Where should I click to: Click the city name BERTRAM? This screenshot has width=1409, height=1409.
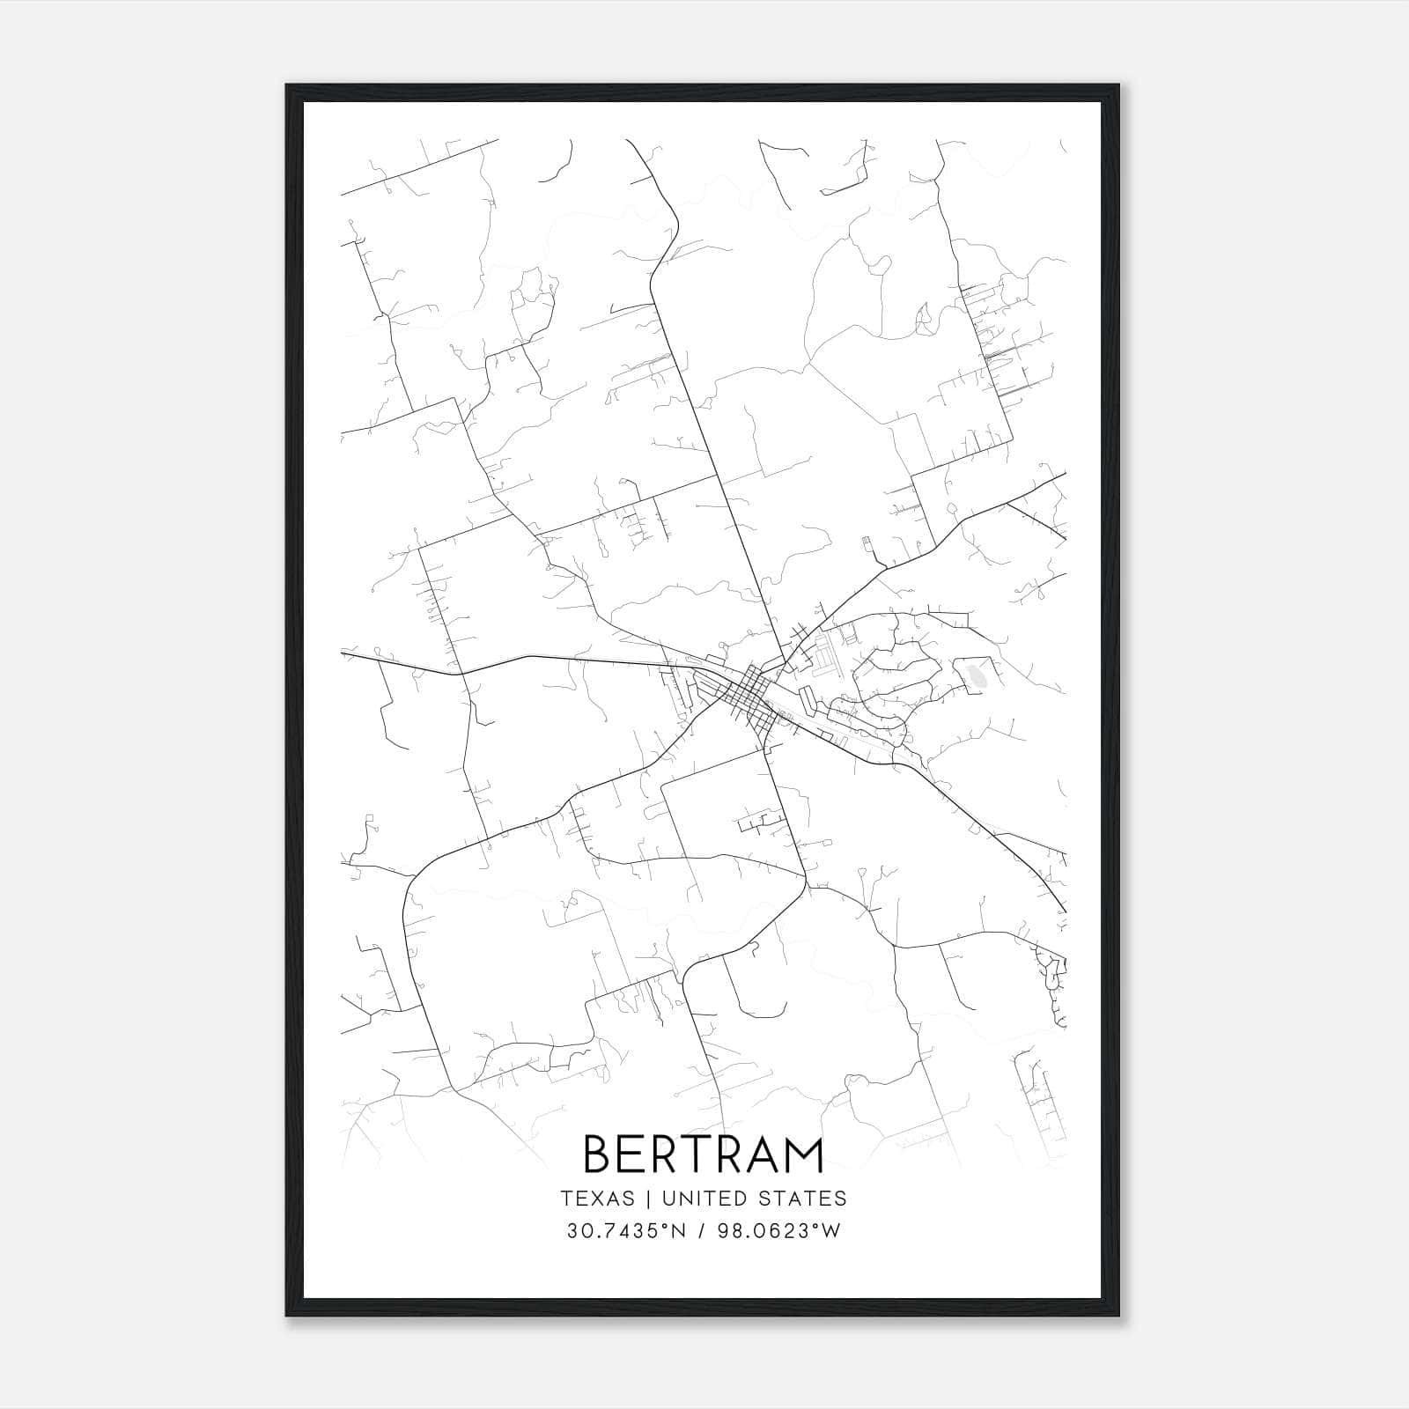coord(704,1154)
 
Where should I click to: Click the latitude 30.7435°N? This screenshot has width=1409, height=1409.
coord(626,1231)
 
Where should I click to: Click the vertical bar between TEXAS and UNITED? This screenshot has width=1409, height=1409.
coord(647,1199)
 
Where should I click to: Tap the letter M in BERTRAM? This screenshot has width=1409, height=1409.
coord(803,1154)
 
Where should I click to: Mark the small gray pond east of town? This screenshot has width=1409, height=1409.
coord(976,676)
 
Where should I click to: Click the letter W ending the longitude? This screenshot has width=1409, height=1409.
coord(832,1231)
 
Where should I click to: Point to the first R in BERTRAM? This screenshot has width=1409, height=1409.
coord(658,1154)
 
